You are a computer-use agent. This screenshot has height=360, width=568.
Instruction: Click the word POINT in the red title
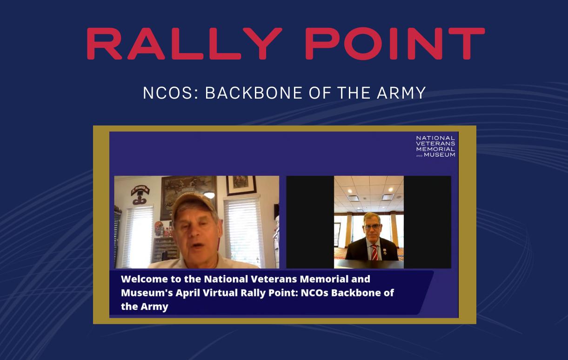coord(398,44)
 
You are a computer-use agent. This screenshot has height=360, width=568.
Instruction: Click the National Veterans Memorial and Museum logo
coord(435,146)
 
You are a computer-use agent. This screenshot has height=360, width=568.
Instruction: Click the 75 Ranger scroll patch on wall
coord(140,190)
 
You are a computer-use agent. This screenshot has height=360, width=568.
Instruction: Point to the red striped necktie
coord(374,253)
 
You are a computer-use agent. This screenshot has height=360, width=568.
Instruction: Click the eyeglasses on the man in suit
coord(372,227)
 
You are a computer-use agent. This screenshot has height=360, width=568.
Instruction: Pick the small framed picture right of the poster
coord(241,185)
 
